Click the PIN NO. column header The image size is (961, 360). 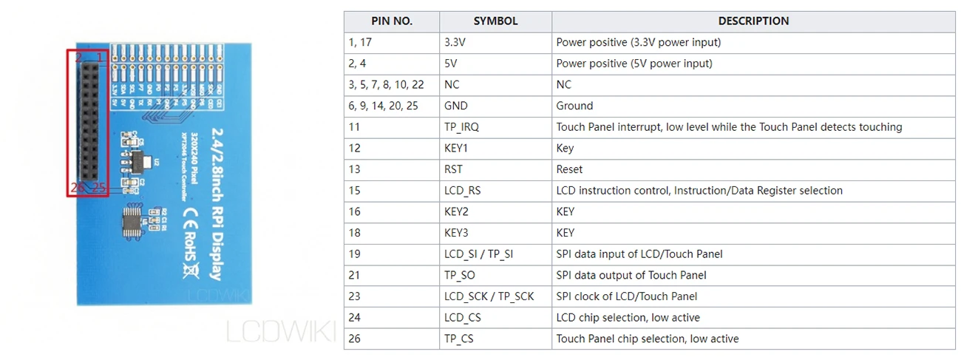[x=392, y=21]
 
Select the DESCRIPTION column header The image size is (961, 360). [x=753, y=21]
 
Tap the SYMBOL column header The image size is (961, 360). [x=495, y=21]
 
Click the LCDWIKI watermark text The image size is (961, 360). [x=281, y=330]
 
